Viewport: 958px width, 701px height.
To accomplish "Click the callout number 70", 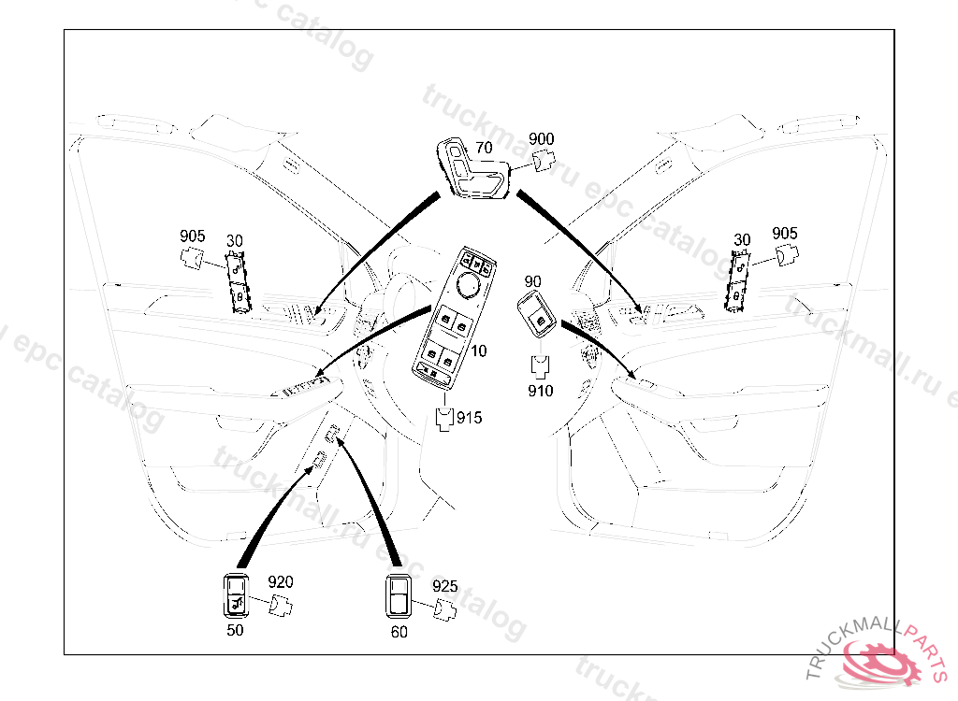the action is click(484, 148).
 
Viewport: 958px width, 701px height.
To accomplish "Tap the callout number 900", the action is click(542, 139).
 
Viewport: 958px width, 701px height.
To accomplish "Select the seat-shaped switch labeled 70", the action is click(472, 168).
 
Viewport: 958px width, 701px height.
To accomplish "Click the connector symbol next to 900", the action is click(544, 161).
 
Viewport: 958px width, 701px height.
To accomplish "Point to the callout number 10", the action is click(479, 350).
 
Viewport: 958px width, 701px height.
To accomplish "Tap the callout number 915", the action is click(470, 418).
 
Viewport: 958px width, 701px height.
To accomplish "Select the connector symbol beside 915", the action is click(444, 419).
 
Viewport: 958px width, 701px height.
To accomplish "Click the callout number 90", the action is click(532, 281).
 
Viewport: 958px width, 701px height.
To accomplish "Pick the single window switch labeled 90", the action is click(537, 314).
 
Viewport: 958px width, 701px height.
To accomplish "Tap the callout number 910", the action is click(541, 390).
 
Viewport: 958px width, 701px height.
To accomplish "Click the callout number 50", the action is click(235, 630).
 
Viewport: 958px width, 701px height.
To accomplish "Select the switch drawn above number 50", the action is click(236, 595).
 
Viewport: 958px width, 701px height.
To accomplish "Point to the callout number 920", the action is click(281, 582).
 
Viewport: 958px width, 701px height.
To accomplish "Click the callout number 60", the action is click(399, 632).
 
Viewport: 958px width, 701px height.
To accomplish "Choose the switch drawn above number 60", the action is click(399, 596).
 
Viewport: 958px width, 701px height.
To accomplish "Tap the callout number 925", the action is click(444, 586).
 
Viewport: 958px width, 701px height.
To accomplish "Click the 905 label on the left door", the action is click(193, 236).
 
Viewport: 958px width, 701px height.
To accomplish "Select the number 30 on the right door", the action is click(742, 239).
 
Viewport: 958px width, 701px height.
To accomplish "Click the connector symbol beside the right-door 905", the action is click(787, 254).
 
